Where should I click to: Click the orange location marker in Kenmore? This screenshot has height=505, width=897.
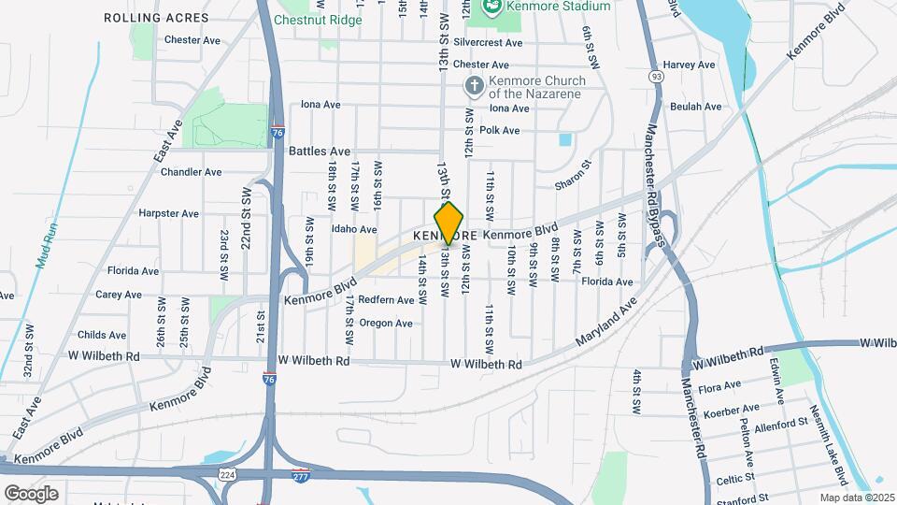point(449,224)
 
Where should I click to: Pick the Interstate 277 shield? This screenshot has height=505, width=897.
point(300,475)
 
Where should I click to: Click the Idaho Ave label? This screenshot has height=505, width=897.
point(354,229)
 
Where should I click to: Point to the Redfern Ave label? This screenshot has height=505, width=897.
point(386,300)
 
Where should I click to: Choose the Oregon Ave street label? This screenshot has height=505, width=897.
point(385,324)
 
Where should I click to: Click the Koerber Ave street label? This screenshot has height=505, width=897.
point(734,409)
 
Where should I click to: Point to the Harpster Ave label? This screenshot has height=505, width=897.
point(168,213)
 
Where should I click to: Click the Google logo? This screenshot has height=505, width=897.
point(31,493)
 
